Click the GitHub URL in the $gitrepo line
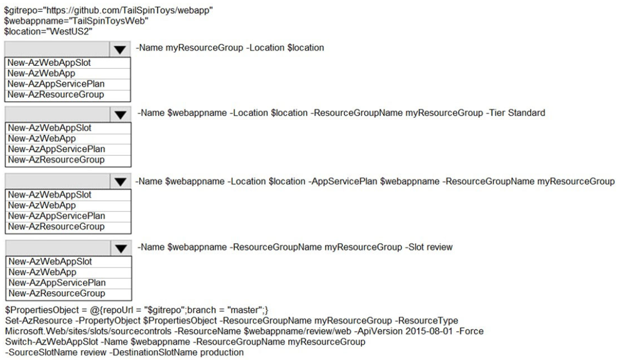pyautogui.click(x=130, y=10)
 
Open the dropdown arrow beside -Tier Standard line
pyautogui.click(x=120, y=115)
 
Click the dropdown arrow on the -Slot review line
pyautogui.click(x=121, y=249)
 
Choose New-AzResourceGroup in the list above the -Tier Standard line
pyautogui.click(x=55, y=95)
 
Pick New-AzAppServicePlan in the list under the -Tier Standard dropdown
pyautogui.click(x=57, y=149)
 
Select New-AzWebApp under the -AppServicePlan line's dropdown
pyautogui.click(x=42, y=206)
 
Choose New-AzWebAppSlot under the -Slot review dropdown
pyautogui.click(x=50, y=262)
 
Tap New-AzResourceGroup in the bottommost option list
pyautogui.click(x=57, y=293)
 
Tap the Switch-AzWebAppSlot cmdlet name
pyautogui.click(x=51, y=342)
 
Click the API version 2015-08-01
pyautogui.click(x=429, y=331)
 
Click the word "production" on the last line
pyautogui.click(x=222, y=352)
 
